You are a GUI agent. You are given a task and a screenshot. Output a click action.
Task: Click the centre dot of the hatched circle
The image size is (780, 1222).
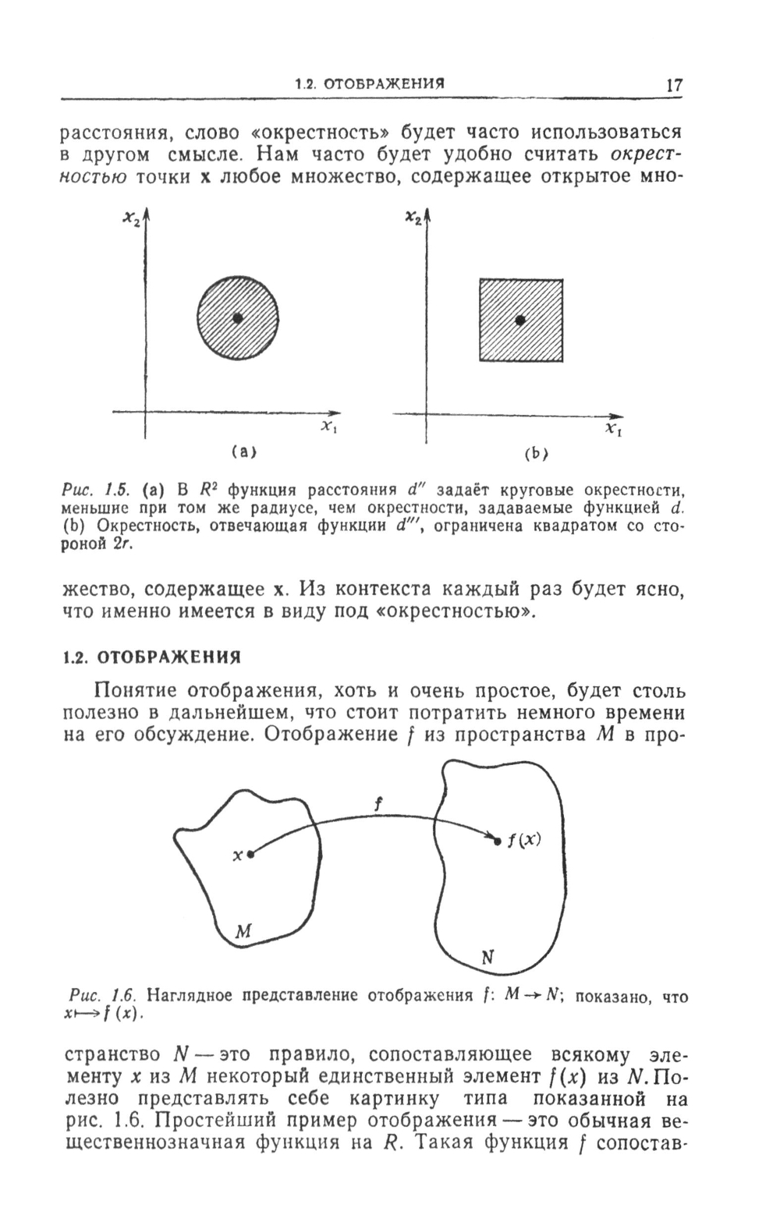point(238,317)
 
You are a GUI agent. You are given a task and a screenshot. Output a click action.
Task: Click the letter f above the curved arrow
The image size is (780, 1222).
point(378,804)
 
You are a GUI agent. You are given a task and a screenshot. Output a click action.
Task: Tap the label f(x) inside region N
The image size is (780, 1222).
point(524,840)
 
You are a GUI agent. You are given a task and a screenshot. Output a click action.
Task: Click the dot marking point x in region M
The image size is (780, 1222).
point(250,855)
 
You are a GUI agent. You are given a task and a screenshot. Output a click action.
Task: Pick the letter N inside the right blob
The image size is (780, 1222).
point(489,958)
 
